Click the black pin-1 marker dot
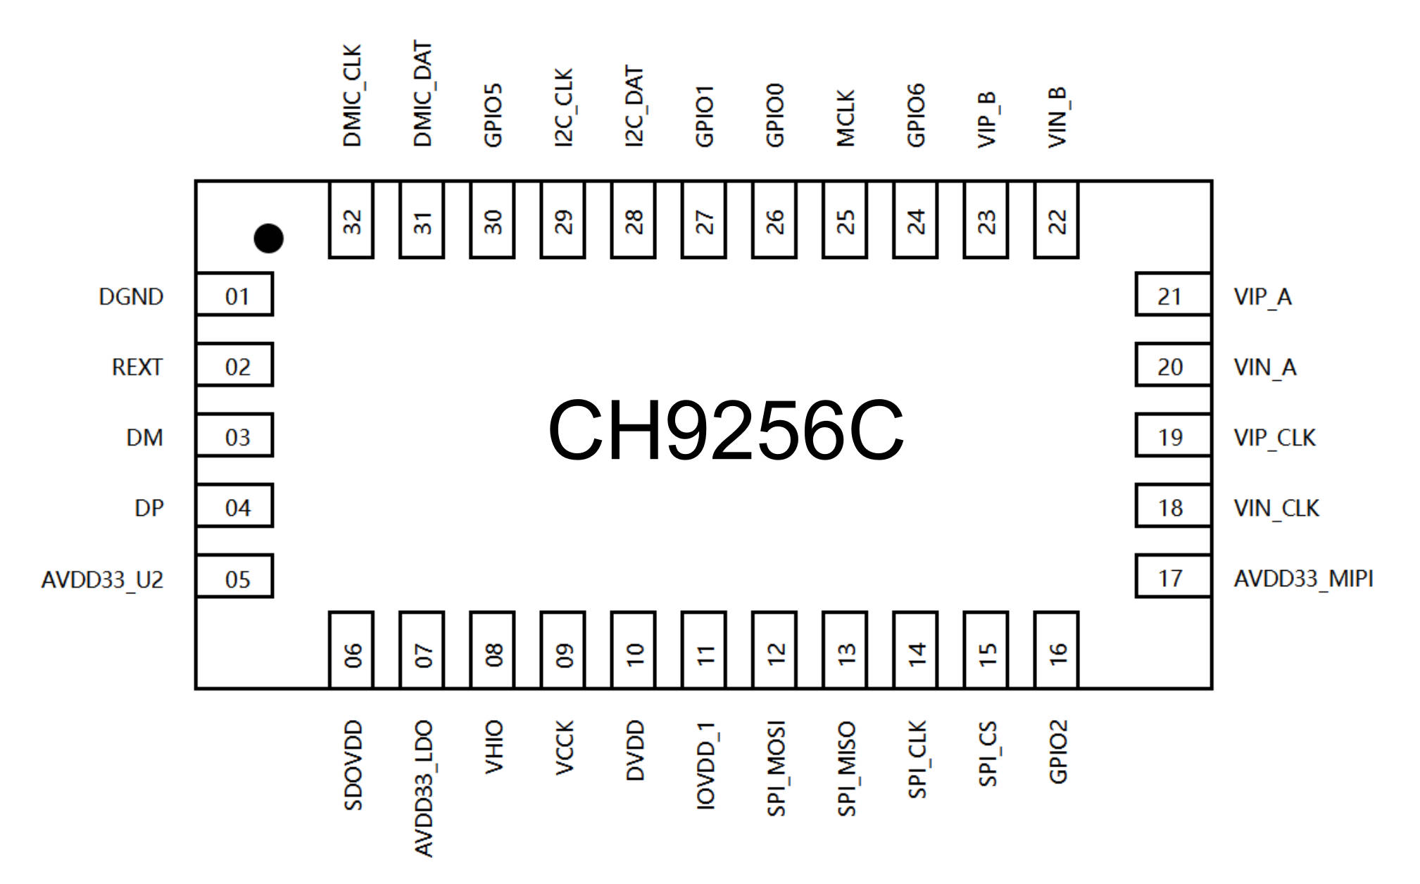[x=268, y=239]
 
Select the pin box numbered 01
[x=234, y=294]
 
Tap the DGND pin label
[x=131, y=297]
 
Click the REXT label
[x=137, y=367]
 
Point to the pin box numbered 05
[x=234, y=576]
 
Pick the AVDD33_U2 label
[x=102, y=580]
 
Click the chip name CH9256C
[x=726, y=430]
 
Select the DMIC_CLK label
[x=352, y=96]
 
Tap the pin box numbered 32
[x=351, y=220]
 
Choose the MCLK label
[x=846, y=118]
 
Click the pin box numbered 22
[x=1057, y=220]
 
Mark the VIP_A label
[x=1263, y=297]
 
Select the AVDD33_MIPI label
[x=1304, y=579]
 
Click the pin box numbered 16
[x=1057, y=650]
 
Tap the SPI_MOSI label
[x=776, y=769]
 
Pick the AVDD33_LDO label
[x=423, y=788]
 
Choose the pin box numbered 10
[x=634, y=650]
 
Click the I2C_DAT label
[x=634, y=107]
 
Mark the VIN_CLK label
[x=1276, y=508]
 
